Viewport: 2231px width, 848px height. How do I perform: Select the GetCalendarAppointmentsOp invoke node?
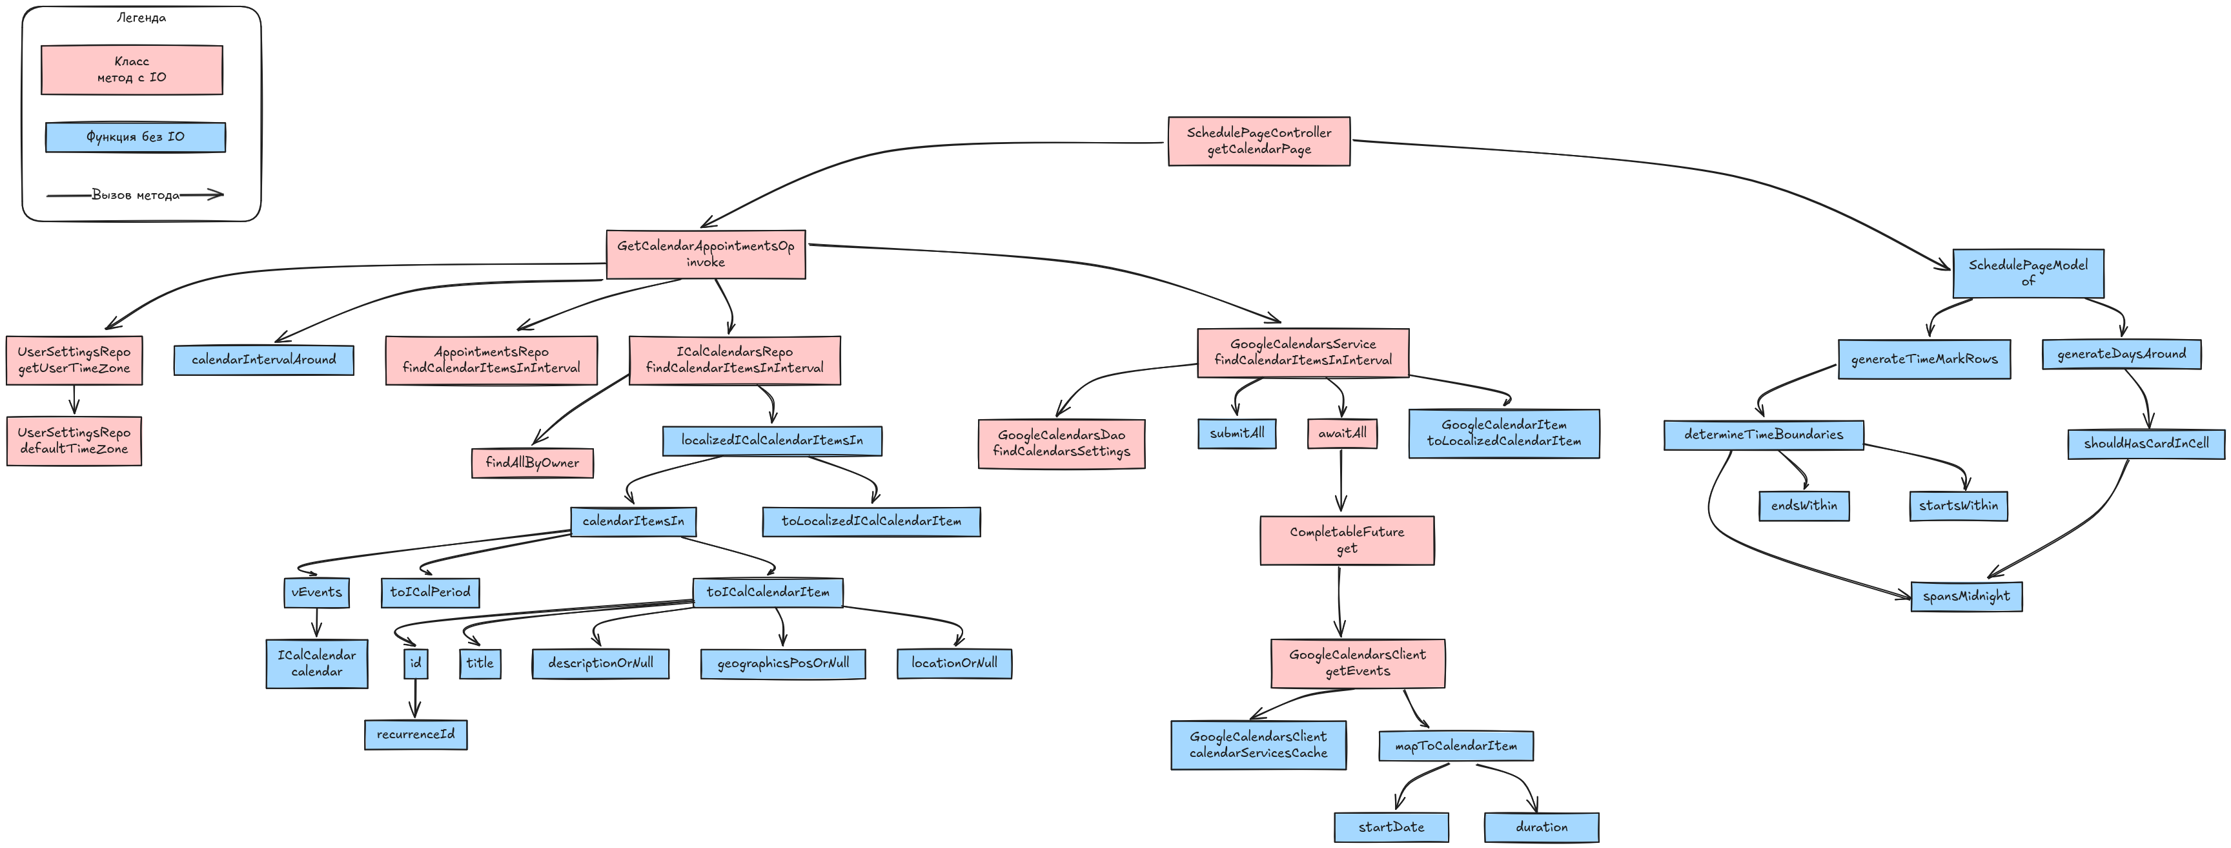point(705,254)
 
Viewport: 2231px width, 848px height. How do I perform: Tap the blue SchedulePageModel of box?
point(2028,273)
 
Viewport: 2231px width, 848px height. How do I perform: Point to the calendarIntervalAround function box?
point(263,360)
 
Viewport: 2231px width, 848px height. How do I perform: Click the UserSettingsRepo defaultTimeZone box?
point(74,441)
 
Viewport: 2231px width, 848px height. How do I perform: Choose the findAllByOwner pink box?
point(532,462)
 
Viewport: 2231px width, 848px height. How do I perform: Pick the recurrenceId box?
point(415,734)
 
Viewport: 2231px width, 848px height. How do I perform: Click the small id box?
point(416,663)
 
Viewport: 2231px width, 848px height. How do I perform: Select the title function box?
point(480,663)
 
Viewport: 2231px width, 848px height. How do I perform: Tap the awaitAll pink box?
point(1341,433)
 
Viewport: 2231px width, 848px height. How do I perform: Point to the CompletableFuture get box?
point(1346,541)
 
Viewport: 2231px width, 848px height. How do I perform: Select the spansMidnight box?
point(1966,596)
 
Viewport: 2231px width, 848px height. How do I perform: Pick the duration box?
point(1541,827)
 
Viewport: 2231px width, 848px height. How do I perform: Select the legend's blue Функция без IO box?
point(135,137)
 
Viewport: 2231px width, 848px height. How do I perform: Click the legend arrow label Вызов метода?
point(135,195)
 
